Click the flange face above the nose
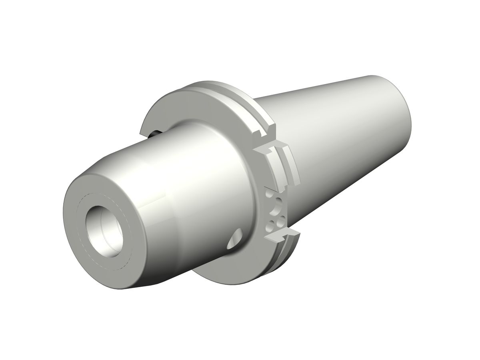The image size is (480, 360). [188, 106]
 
